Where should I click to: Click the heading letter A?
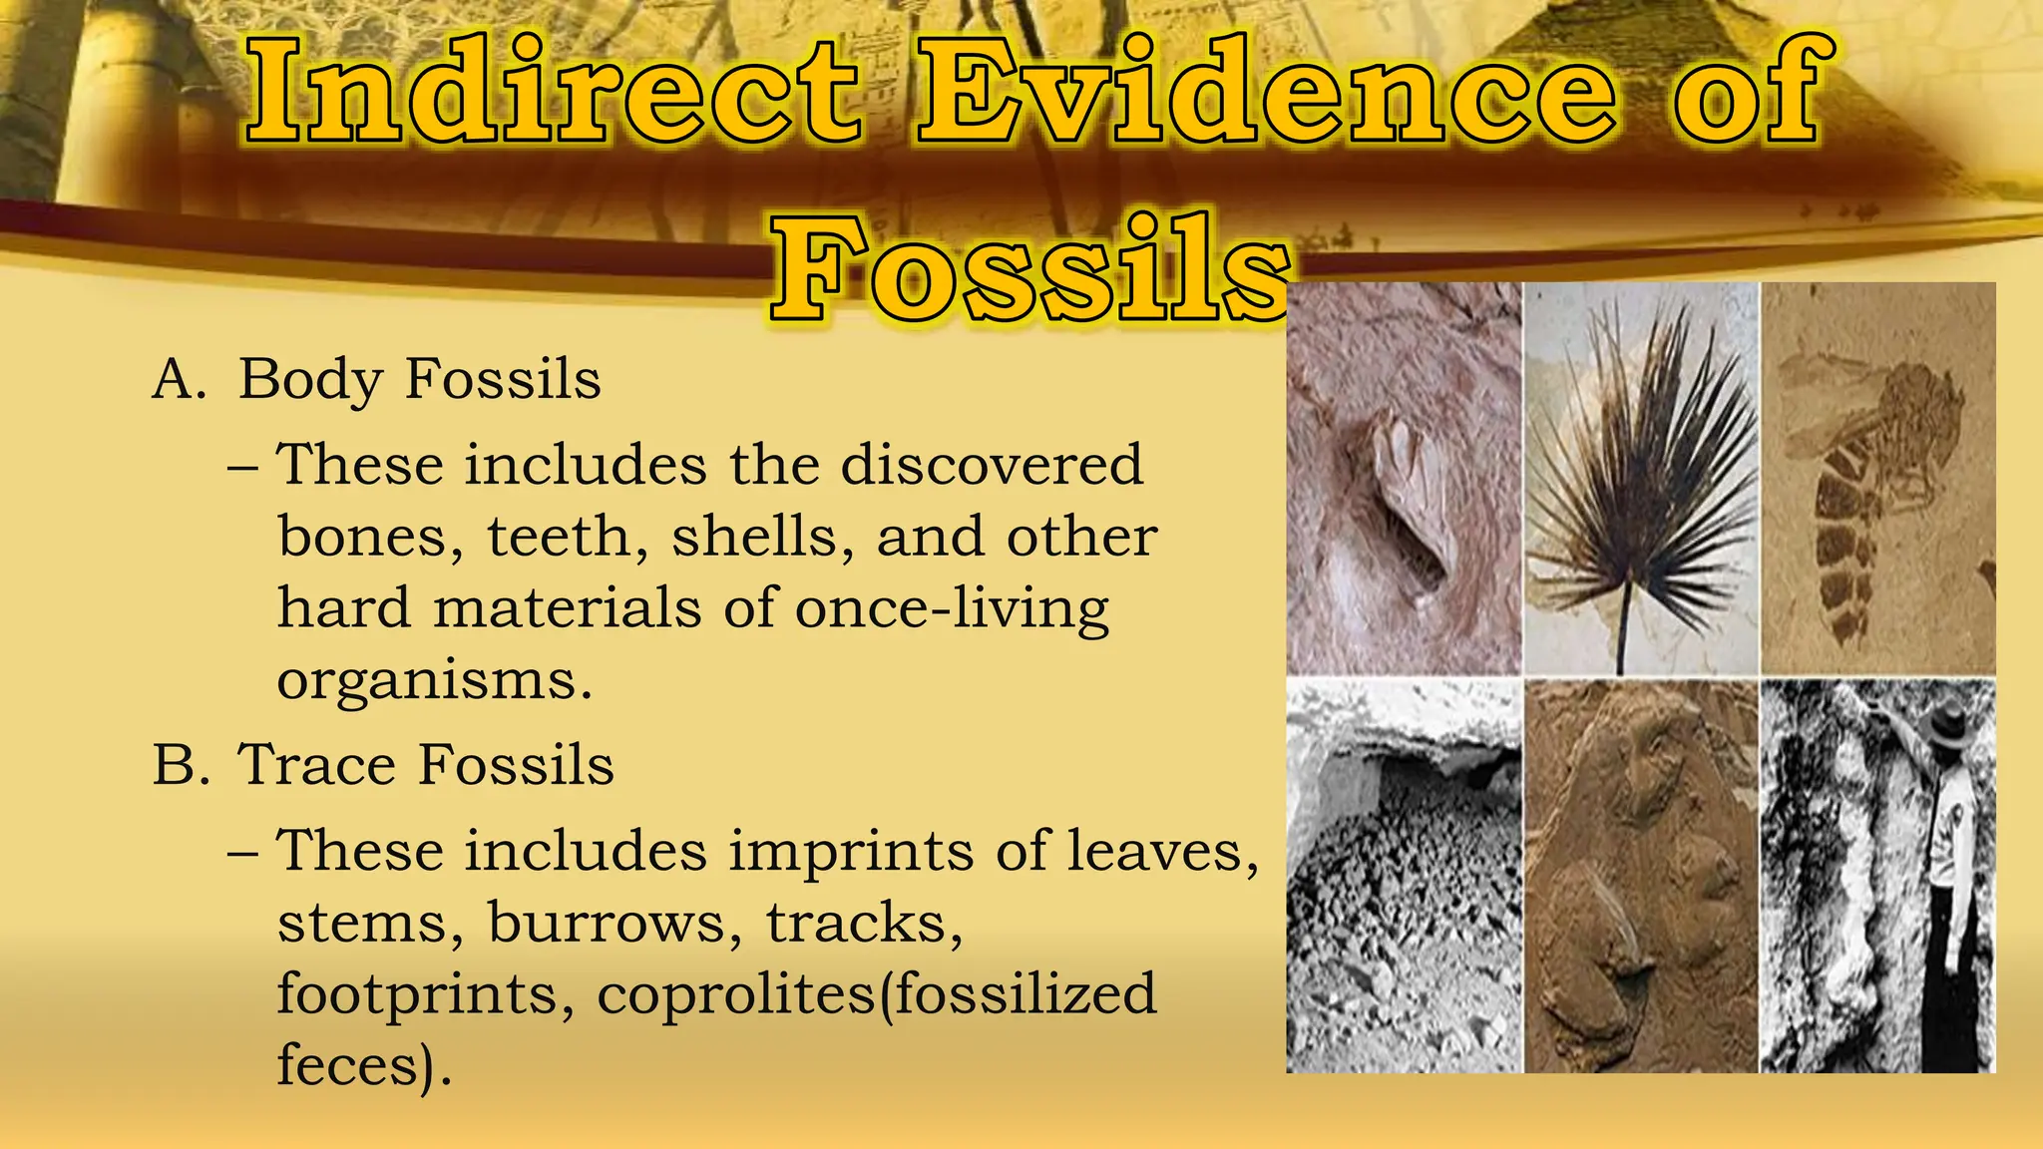coord(177,380)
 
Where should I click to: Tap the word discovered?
coord(992,465)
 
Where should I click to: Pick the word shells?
coord(762,537)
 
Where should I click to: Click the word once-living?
coord(952,608)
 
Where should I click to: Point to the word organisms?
coord(434,681)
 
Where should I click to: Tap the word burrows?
coord(614,923)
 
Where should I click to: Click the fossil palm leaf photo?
coord(1641,479)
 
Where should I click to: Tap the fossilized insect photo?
coord(1877,479)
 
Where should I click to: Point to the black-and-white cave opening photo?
coord(1404,876)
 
